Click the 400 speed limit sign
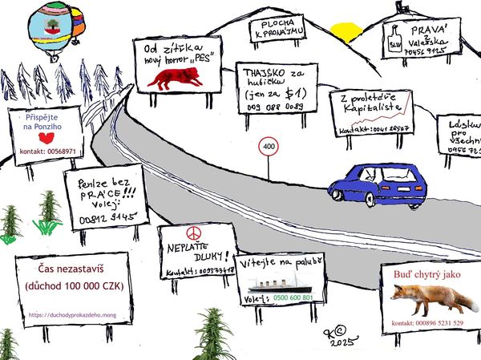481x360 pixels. (x=268, y=148)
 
